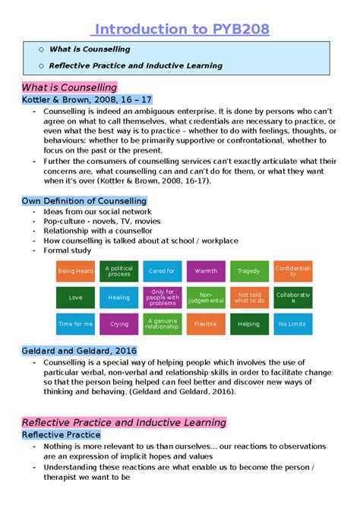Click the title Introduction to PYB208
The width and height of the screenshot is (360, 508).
[x=179, y=29]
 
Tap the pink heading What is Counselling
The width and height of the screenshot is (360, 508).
[x=69, y=87]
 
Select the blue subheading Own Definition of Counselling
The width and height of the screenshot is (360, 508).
[x=84, y=200]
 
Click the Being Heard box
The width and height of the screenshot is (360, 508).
[x=76, y=271]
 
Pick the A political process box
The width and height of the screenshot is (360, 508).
[x=119, y=271]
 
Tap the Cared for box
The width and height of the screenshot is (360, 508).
[x=162, y=271]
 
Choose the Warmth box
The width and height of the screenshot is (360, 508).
[x=206, y=271]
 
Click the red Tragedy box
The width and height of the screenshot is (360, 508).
[x=248, y=271]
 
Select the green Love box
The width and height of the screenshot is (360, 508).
[x=76, y=298]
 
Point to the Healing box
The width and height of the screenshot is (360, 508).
[x=119, y=298]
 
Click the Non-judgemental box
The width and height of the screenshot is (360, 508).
[x=206, y=298]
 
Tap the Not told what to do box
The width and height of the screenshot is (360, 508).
[x=248, y=298]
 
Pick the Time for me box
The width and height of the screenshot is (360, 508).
[x=76, y=323]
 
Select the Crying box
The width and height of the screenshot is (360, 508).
[x=119, y=323]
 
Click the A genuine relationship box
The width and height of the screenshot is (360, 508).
[x=162, y=323]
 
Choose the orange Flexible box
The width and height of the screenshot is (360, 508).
[x=206, y=323]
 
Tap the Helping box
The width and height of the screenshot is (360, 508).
[x=248, y=323]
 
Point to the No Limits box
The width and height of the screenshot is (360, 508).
[x=292, y=323]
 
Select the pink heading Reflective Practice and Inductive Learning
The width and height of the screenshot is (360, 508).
[x=124, y=422]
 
